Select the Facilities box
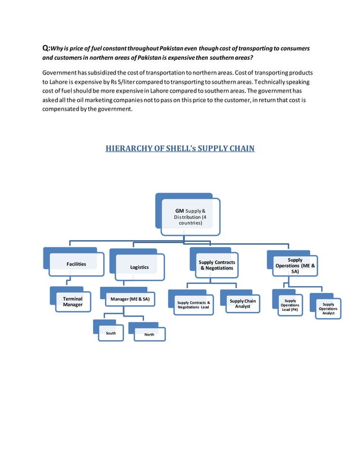(76, 264)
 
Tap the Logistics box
(139, 267)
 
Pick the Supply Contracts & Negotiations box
(217, 265)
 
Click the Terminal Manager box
(73, 302)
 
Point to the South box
(111, 333)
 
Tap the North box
(149, 335)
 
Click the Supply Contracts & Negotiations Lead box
(194, 305)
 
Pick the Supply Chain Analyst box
(243, 304)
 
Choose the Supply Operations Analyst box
(328, 309)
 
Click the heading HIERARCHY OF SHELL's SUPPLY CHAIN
(180, 149)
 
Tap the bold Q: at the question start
(46, 49)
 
